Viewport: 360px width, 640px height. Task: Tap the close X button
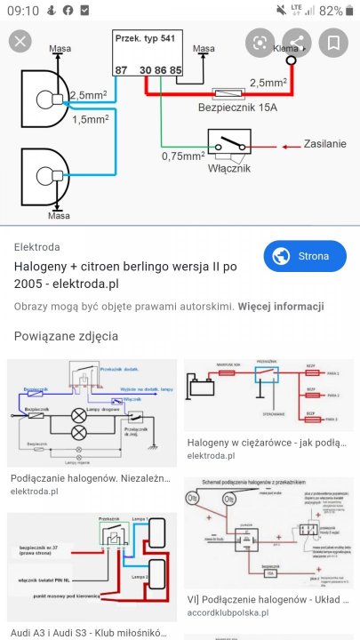[x=20, y=41]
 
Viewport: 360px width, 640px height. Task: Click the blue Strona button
[x=306, y=257]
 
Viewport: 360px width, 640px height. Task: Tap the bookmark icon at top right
[x=333, y=42]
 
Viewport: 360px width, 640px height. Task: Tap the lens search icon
[x=260, y=42]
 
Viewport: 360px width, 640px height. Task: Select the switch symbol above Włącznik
[x=229, y=142]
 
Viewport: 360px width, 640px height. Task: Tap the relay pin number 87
[x=121, y=69]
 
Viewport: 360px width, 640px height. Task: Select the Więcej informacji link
[x=280, y=307]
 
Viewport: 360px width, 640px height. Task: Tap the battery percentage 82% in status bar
[x=331, y=11]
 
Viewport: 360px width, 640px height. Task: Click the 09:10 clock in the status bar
[x=21, y=11]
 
